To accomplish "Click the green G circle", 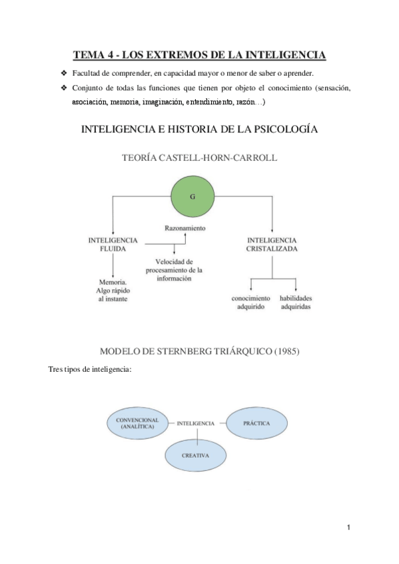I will [x=193, y=198].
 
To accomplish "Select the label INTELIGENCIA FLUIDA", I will [x=113, y=244].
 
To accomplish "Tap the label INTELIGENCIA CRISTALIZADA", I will [x=272, y=244].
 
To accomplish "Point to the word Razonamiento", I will [x=185, y=228].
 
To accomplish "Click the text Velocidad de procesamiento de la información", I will [x=174, y=269].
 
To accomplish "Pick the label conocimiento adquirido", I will [x=250, y=303].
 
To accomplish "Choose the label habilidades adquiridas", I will [x=296, y=303].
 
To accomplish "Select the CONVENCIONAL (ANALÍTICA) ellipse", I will [x=137, y=424].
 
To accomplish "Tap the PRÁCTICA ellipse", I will [x=256, y=422].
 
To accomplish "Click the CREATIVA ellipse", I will [x=197, y=456].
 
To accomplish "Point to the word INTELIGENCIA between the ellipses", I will [x=196, y=423].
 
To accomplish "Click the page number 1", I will [x=348, y=527].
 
